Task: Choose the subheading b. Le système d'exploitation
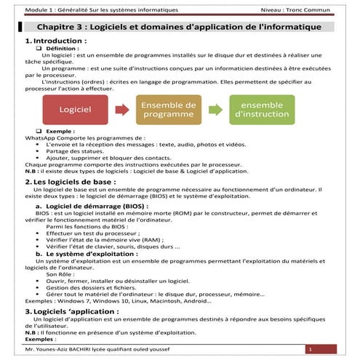tap(93, 254)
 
